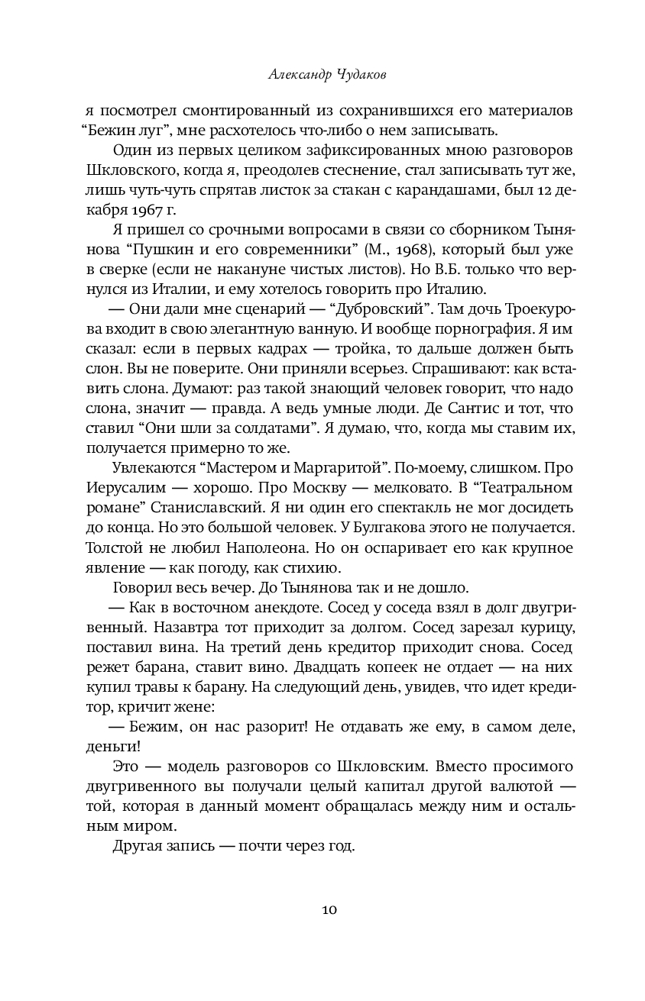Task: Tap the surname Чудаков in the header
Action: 368,76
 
